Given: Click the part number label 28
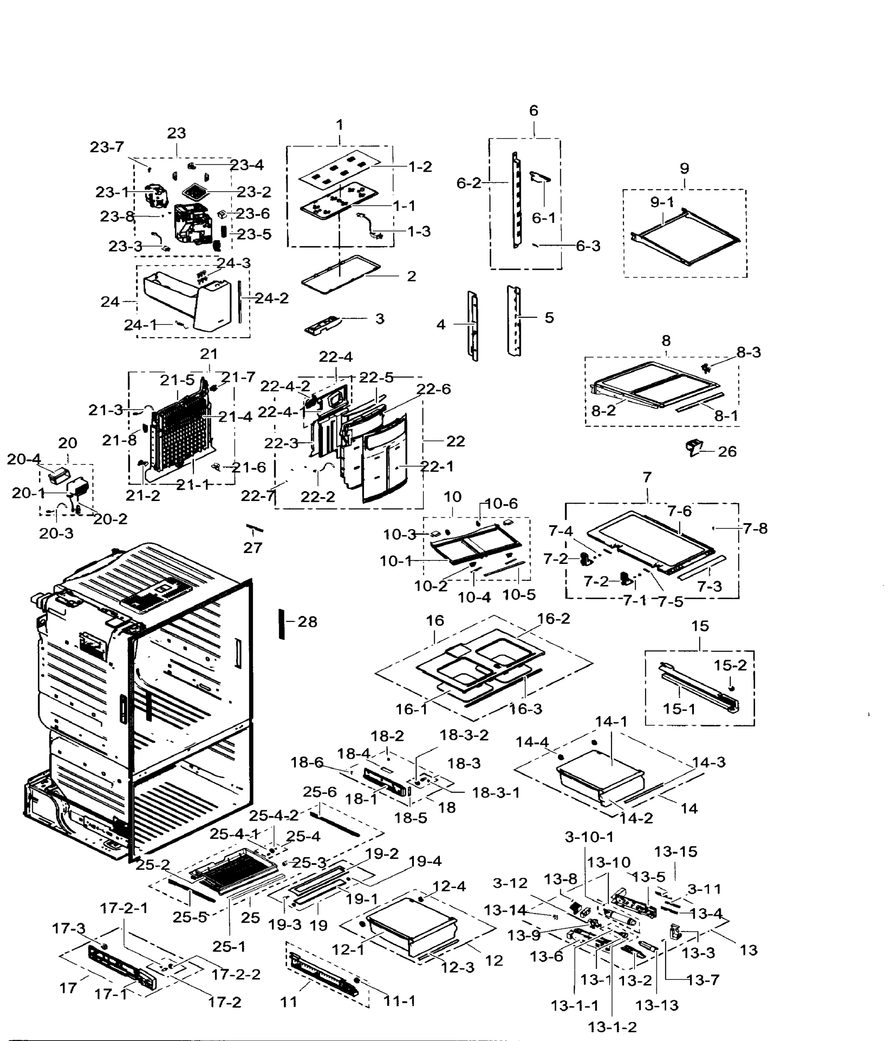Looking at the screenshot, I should [x=307, y=622].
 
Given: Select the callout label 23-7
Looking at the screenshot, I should [x=107, y=147].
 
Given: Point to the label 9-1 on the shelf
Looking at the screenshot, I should [x=662, y=202].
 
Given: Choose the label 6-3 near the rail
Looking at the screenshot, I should [x=587, y=246].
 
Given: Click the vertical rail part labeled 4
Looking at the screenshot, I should [x=473, y=326].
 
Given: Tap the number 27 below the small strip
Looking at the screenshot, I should [x=253, y=548].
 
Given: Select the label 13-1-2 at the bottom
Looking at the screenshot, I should [x=611, y=1028].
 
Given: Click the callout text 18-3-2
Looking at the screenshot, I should [x=464, y=735].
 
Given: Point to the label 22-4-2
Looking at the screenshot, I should [x=285, y=386].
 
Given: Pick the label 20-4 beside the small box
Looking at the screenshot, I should [x=23, y=459].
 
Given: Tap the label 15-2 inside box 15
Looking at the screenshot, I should [x=730, y=665].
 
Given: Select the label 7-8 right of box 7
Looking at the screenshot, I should [x=755, y=529].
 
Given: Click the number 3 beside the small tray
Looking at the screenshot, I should [x=380, y=318].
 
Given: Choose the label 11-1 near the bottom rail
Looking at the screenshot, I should [x=399, y=1001].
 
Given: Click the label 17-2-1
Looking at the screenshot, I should [x=124, y=908].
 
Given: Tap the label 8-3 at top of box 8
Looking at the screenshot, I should [x=748, y=353].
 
